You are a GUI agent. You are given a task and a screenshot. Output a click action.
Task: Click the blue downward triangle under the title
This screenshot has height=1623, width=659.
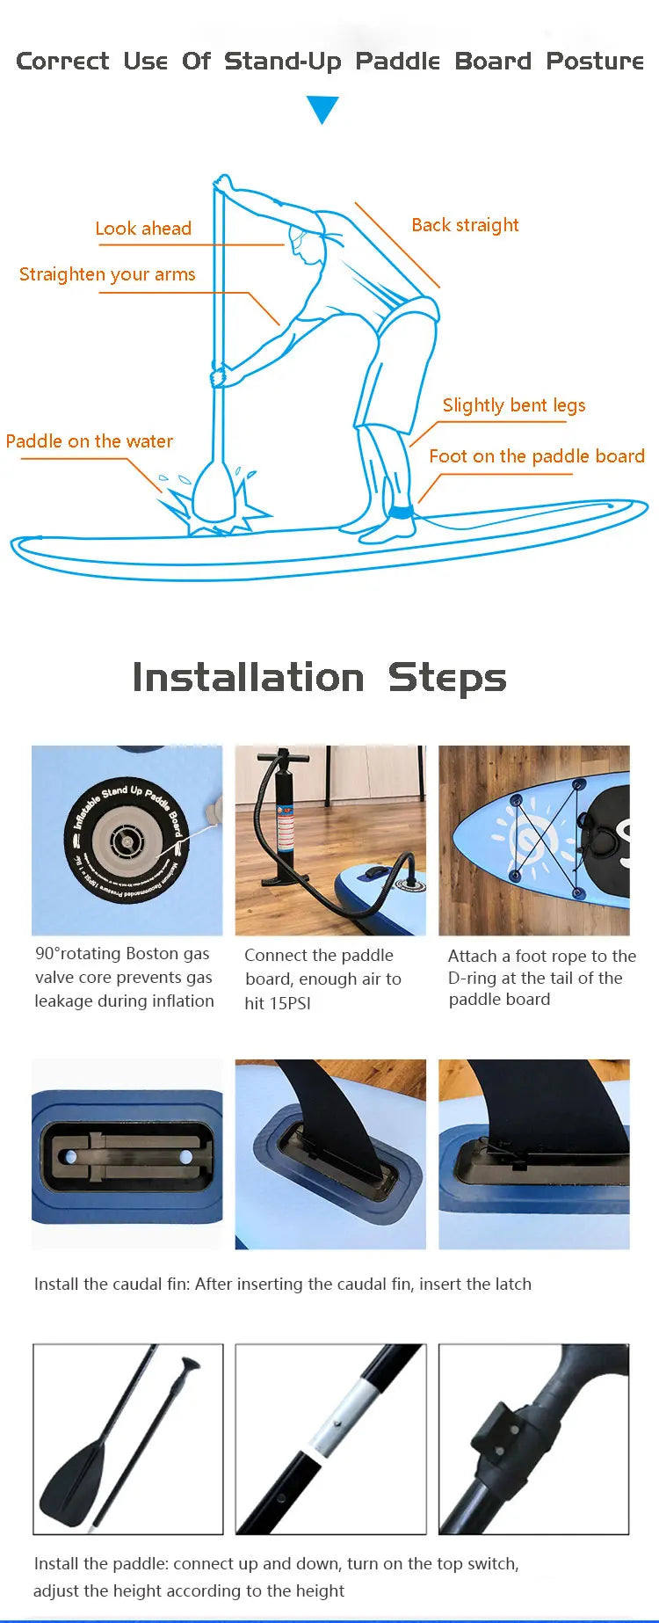click(322, 109)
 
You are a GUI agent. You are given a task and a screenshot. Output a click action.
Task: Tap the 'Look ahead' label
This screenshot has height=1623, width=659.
click(143, 229)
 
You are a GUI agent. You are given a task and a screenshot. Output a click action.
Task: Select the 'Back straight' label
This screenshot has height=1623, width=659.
click(465, 225)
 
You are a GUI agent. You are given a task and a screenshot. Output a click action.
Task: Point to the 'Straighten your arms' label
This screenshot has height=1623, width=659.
click(107, 274)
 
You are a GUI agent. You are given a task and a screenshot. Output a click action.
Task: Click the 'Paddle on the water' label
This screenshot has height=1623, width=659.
click(90, 441)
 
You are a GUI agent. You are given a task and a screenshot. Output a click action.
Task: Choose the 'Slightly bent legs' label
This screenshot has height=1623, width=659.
click(513, 405)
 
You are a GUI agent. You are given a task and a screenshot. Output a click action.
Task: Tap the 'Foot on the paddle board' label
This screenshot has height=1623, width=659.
click(536, 456)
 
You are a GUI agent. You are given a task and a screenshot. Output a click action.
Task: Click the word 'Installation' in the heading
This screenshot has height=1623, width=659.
click(248, 678)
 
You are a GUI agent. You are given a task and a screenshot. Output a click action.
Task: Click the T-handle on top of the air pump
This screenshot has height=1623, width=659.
click(283, 756)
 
